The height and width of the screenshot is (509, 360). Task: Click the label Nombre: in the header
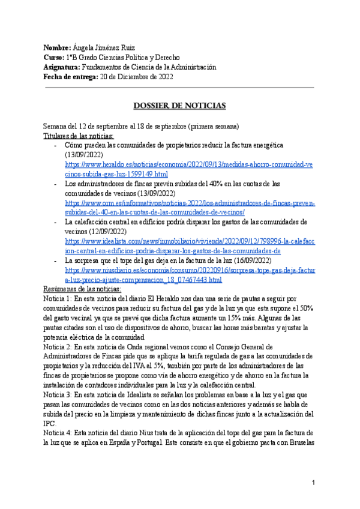pyautogui.click(x=56, y=47)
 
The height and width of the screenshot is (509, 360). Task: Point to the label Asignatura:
pyautogui.click(x=62, y=67)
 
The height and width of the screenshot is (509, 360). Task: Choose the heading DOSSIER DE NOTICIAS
pyautogui.click(x=179, y=106)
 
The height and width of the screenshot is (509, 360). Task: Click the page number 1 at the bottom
pyautogui.click(x=314, y=483)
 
